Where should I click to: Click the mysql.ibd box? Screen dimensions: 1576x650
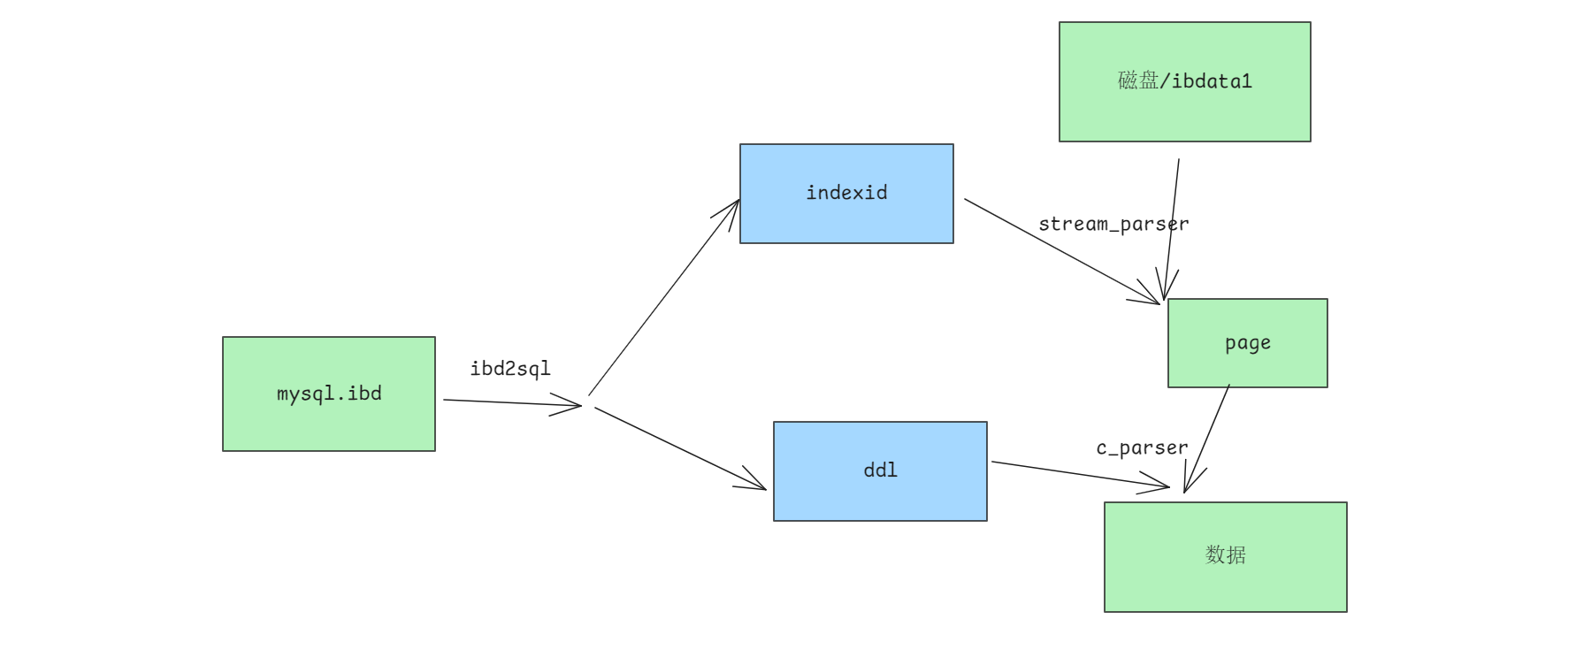click(329, 394)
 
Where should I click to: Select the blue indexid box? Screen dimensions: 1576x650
click(846, 194)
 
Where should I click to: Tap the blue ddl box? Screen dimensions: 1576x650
click(880, 471)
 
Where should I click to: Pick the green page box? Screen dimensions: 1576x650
click(1248, 343)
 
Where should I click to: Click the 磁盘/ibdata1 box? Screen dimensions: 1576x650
click(1185, 81)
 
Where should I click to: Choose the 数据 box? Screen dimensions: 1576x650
click(1226, 557)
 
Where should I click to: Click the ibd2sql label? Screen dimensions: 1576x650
click(510, 369)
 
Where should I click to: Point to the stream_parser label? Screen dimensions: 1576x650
click(1113, 225)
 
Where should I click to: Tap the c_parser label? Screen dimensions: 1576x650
click(1142, 448)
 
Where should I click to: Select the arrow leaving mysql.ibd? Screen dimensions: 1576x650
click(512, 403)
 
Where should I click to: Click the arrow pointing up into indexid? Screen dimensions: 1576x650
click(664, 297)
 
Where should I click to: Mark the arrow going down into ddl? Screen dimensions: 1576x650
click(680, 447)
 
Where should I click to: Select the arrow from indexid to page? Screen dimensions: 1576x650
click(1061, 251)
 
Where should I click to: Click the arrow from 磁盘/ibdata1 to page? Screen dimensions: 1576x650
click(1172, 230)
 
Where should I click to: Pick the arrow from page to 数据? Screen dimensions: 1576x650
click(1207, 439)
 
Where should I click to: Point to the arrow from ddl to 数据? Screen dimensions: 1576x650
click(1081, 474)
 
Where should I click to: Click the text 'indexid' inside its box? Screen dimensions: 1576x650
click(846, 193)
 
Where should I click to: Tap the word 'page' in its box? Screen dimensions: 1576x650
click(1248, 344)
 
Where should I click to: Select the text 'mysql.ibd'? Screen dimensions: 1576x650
click(329, 394)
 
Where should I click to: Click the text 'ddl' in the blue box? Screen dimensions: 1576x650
click(880, 470)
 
